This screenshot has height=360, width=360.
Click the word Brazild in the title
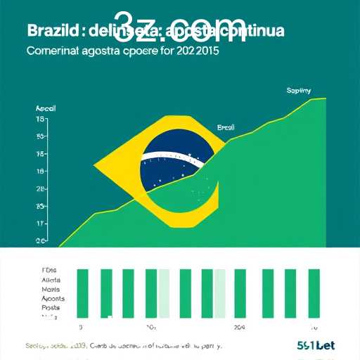tap(51, 32)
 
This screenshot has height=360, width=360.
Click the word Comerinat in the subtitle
tap(56, 51)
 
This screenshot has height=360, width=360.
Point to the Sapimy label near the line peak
tap(299, 91)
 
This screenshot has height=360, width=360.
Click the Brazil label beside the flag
tap(226, 127)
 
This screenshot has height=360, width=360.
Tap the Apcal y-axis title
tap(44, 109)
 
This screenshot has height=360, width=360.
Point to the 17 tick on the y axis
tap(41, 224)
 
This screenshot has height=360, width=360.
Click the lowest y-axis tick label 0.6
tap(41, 241)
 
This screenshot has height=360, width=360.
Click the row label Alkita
tap(52, 279)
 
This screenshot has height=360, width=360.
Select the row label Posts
tap(51, 307)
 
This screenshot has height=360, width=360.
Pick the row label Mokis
tap(51, 289)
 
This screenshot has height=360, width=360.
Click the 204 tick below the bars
tap(240, 328)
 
